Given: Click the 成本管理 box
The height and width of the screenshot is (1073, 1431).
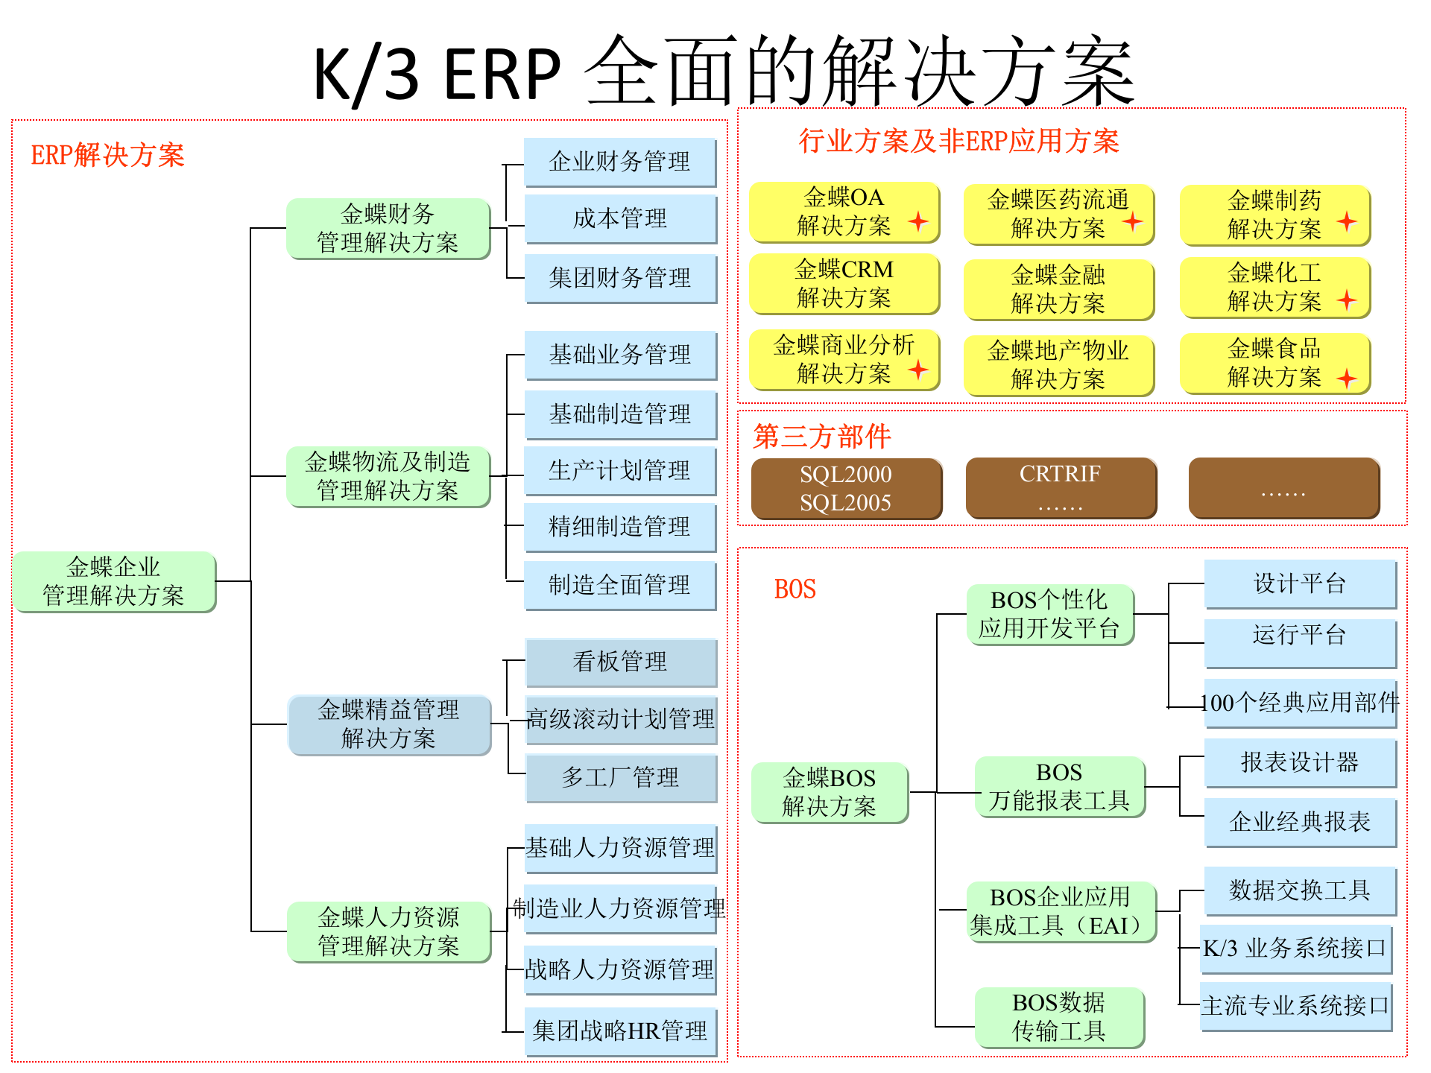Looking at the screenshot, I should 620,218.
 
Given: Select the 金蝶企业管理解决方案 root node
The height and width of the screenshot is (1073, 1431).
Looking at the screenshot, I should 114,582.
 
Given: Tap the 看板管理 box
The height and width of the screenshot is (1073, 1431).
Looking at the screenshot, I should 620,662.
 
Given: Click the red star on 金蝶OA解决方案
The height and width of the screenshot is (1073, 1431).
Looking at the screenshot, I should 918,221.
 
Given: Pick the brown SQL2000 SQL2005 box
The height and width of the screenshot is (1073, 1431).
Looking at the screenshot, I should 846,489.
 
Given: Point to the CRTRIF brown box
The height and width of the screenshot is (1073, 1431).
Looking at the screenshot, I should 1060,488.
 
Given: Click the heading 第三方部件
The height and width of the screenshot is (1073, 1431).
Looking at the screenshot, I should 821,437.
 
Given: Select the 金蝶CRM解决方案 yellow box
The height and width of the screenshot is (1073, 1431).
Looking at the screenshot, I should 844,284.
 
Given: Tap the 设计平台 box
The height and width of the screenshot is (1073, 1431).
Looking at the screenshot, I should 1299,583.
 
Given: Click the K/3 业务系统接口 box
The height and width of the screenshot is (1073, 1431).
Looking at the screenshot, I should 1295,949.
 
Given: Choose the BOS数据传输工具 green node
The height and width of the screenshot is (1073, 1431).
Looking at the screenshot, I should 1058,1017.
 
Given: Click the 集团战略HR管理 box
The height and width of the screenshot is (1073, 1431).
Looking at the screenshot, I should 620,1031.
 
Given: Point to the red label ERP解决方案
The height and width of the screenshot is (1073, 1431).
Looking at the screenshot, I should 107,155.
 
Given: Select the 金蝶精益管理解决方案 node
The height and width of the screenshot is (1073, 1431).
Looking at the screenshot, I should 388,724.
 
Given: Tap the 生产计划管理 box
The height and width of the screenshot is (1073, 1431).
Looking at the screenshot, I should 620,471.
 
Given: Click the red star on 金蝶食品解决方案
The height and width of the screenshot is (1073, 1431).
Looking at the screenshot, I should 1346,379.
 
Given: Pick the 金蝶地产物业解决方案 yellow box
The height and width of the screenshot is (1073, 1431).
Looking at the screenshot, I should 1058,365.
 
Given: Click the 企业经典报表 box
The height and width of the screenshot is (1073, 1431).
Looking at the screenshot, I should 1299,822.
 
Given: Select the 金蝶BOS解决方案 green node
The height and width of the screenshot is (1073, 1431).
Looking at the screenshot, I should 829,793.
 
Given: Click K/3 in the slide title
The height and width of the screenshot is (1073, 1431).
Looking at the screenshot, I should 365,75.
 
